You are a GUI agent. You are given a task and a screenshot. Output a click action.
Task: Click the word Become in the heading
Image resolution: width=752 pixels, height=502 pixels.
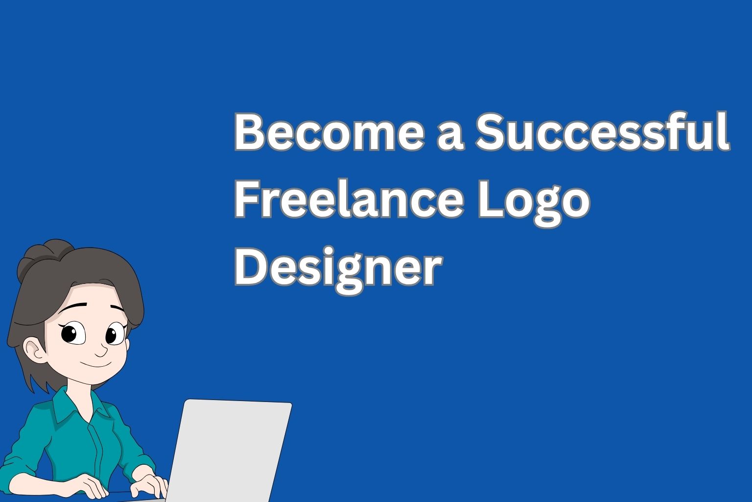tap(328, 132)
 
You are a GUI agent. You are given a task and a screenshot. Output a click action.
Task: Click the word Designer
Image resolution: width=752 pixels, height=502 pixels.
tap(338, 270)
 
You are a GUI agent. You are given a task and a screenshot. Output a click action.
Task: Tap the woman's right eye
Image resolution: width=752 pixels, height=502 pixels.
tap(113, 335)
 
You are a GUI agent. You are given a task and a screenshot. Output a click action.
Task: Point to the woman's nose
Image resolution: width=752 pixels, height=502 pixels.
tap(102, 351)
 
